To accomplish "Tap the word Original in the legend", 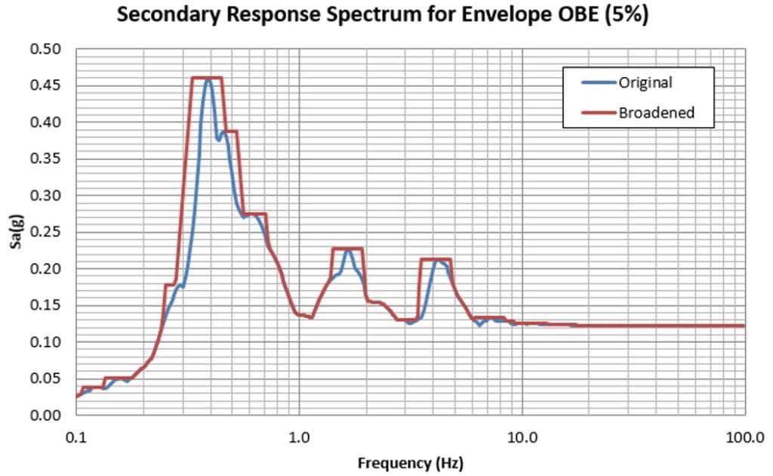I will pos(645,82).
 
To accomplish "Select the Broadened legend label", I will pos(656,113).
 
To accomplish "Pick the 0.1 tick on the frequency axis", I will pos(75,437).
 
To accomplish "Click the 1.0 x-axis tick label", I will pos(299,437).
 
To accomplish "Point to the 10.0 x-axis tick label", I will pos(522,437).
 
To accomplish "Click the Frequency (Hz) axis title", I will pos(410,462).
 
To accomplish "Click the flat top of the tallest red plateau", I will pos(207,78).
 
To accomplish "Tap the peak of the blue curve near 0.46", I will pos(208,80).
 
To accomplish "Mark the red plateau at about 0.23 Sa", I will pos(347,249).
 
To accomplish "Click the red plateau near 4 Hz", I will pos(436,259).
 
